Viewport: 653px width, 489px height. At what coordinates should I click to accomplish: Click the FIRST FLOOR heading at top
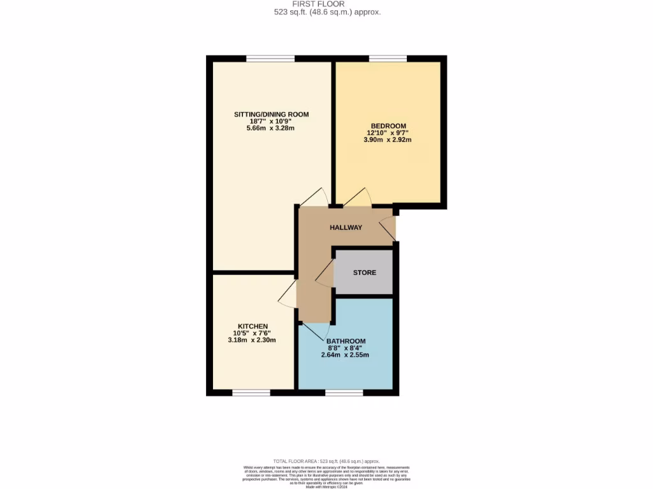326,4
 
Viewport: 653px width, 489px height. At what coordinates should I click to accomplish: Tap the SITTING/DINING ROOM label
271,115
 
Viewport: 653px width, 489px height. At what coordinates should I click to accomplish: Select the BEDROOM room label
388,125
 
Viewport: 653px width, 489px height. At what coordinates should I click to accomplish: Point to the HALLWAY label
346,227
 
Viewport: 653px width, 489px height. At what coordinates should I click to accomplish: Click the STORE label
364,273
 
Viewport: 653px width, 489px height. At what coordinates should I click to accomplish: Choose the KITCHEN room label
252,326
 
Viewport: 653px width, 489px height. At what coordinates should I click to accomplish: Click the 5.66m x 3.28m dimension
271,129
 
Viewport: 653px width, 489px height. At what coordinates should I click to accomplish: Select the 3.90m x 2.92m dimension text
388,139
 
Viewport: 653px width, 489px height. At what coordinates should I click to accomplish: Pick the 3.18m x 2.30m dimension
252,340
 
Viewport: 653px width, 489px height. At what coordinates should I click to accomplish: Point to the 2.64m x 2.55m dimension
345,355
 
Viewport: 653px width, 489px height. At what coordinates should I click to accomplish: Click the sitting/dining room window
270,59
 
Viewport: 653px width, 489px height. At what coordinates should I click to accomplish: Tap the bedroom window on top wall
388,59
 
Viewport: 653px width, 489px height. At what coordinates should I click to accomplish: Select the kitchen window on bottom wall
251,392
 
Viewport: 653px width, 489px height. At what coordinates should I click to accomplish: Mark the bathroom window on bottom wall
344,392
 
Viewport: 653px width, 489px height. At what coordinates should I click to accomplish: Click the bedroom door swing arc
358,197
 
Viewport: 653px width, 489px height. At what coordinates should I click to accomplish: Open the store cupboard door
325,275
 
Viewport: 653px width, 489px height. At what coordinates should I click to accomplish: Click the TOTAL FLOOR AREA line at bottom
326,461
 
